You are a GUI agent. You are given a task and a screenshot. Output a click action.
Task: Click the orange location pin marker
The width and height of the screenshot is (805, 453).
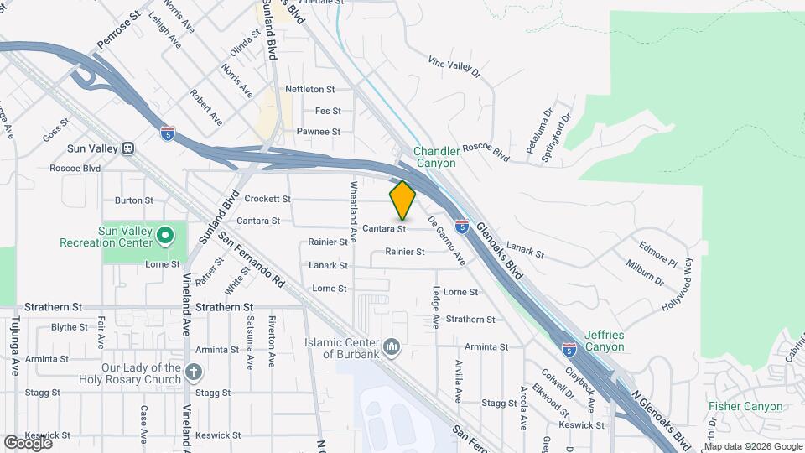402,200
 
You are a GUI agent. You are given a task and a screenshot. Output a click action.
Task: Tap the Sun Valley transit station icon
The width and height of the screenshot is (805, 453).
127,148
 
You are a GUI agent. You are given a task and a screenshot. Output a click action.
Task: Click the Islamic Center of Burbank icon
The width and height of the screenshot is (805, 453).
392,346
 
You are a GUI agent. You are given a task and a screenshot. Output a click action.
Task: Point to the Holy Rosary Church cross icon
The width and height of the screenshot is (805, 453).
194,371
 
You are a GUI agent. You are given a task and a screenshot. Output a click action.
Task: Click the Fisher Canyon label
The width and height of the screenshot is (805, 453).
745,407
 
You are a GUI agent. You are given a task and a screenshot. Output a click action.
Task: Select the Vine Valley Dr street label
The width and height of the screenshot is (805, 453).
454,66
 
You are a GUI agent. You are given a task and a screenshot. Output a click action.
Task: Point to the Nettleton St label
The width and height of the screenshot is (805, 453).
309,89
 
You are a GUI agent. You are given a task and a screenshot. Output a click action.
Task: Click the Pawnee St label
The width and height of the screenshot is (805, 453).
319,132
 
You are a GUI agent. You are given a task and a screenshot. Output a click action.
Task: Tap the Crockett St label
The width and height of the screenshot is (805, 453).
267,200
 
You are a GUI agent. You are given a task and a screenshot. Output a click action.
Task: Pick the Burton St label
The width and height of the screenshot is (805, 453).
134,200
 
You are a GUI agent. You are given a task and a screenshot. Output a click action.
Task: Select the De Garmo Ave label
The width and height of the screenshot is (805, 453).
447,242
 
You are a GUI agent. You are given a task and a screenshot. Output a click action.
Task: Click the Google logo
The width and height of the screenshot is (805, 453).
28,442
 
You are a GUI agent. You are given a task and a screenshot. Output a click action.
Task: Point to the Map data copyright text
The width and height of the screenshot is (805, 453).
752,446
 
